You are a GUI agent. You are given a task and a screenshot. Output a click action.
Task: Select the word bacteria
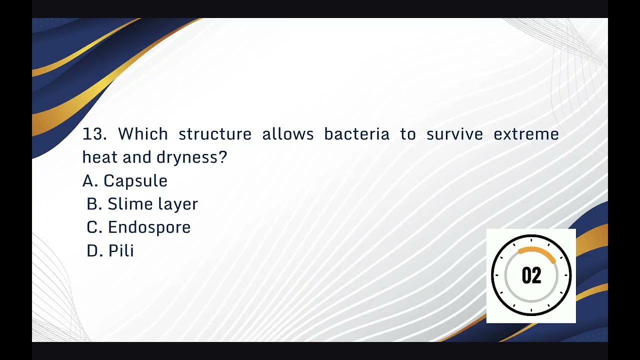pos(356,134)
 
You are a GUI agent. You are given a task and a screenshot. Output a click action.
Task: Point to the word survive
pos(454,134)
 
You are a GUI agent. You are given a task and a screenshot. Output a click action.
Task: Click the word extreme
pos(526,134)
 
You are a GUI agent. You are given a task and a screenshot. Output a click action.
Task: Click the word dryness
pos(187,158)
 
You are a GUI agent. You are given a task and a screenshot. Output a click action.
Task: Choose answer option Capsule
pos(135,181)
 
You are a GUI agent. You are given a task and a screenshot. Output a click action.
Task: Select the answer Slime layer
pos(152,204)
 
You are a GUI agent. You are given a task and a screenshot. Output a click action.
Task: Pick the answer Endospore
pos(149,227)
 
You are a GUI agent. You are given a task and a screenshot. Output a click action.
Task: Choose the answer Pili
pos(121,250)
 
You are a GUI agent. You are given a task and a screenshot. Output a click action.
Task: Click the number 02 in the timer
pos(531,276)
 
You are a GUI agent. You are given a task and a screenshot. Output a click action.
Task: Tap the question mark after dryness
pos(223,157)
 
